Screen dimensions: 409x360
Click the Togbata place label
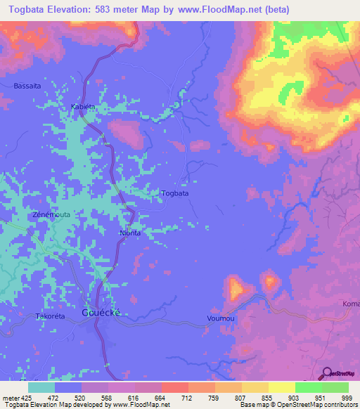tap(174, 193)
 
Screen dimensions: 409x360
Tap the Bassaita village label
tap(27, 86)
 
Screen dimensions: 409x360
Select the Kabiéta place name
tap(82, 107)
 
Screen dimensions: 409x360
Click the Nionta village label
tap(131, 233)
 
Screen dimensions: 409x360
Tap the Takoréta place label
tap(50, 317)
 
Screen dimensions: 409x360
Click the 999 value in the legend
tap(345, 398)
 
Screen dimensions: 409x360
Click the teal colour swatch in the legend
tap(41, 387)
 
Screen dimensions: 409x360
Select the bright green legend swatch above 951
tap(308, 387)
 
